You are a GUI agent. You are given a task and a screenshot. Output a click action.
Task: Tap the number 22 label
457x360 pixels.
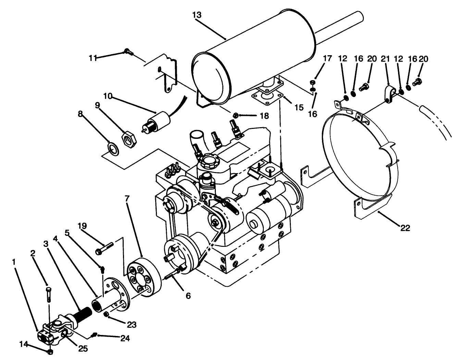[405, 228]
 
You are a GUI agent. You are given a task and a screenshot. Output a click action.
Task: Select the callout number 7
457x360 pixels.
[127, 198]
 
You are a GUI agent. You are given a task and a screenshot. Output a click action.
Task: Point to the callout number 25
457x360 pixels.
[83, 349]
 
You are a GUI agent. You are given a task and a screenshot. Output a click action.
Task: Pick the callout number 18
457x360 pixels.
[264, 116]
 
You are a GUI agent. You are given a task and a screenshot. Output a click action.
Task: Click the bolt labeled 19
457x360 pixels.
[105, 244]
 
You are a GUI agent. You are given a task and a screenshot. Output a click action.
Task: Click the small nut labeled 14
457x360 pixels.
[50, 351]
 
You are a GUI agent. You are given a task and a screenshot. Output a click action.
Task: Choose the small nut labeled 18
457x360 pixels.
[236, 115]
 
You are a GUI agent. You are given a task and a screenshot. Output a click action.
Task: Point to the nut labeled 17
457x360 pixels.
[312, 83]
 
